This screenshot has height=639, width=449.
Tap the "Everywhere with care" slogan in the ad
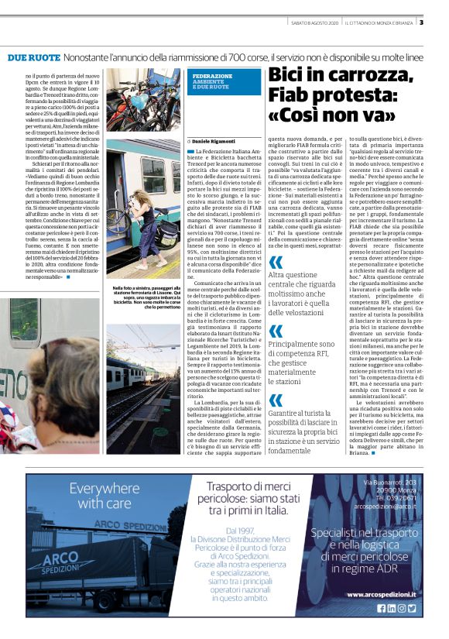(108, 496)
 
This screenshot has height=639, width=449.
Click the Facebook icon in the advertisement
(381, 609)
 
